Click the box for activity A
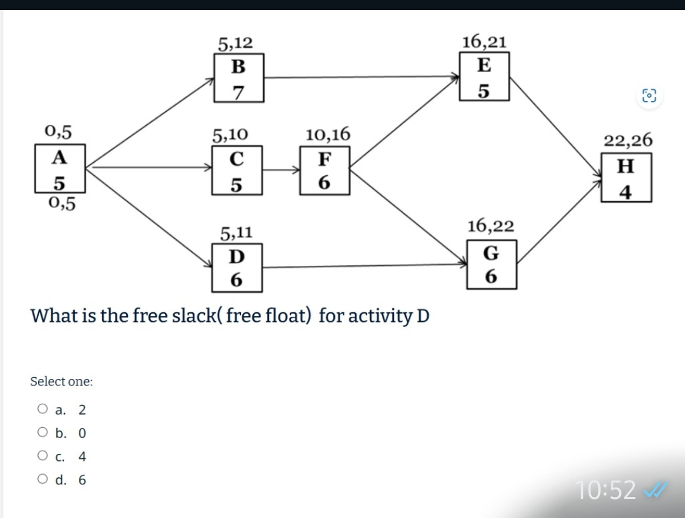click(60, 168)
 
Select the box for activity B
click(238, 78)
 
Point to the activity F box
click(324, 170)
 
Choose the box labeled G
click(492, 265)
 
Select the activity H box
click(626, 178)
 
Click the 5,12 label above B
click(235, 43)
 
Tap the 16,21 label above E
click(484, 42)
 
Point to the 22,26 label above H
click(627, 140)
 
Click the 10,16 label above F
click(327, 134)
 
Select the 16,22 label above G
click(491, 225)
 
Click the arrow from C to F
click(281, 170)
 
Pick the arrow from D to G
click(365, 266)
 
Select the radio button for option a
click(42, 409)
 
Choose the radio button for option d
click(42, 480)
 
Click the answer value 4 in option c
click(82, 456)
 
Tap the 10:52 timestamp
click(606, 490)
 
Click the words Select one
click(62, 382)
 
